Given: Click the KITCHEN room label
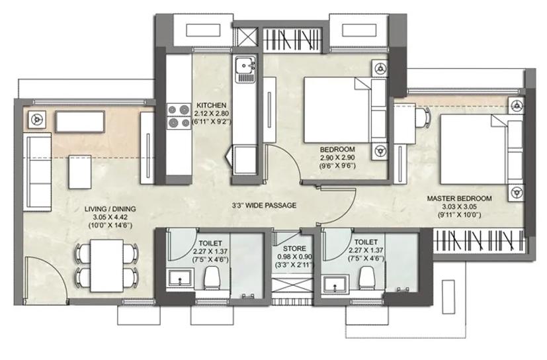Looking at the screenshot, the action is (211, 105).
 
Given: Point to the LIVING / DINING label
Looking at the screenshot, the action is (110, 209).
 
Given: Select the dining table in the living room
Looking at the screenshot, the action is (106, 265).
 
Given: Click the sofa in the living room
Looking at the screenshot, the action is (37, 172).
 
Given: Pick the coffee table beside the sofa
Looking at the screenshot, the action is (80, 172).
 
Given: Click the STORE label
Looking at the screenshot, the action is (294, 249).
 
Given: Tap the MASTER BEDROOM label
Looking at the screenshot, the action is (460, 199).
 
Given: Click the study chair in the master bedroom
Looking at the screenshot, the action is (424, 118).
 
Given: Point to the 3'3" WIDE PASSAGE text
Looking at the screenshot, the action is (264, 205).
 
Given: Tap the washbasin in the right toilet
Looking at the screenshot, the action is (335, 284).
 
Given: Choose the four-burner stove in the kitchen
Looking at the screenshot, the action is (179, 116).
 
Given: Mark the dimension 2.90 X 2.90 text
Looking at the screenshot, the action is (337, 157).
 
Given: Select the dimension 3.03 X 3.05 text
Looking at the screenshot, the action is (459, 206).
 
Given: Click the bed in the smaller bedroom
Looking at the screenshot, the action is (345, 110).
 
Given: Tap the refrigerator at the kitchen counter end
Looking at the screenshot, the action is (245, 161).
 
